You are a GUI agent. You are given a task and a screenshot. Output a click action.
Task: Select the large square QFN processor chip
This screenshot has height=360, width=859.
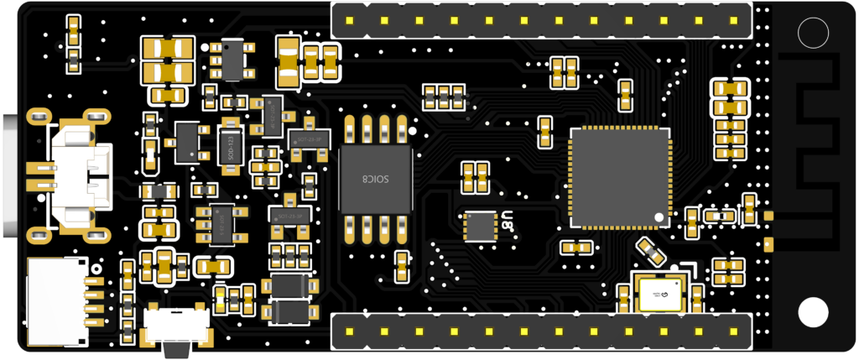pos(620,178)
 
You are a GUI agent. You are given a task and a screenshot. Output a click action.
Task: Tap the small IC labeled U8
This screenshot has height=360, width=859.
pos(481,225)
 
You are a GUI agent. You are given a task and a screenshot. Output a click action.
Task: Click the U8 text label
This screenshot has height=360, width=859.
pos(508,220)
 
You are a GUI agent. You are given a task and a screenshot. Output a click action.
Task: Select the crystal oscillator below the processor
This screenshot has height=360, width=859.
pos(659,295)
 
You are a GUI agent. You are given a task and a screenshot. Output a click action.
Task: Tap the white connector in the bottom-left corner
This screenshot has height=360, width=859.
pos(56,302)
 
